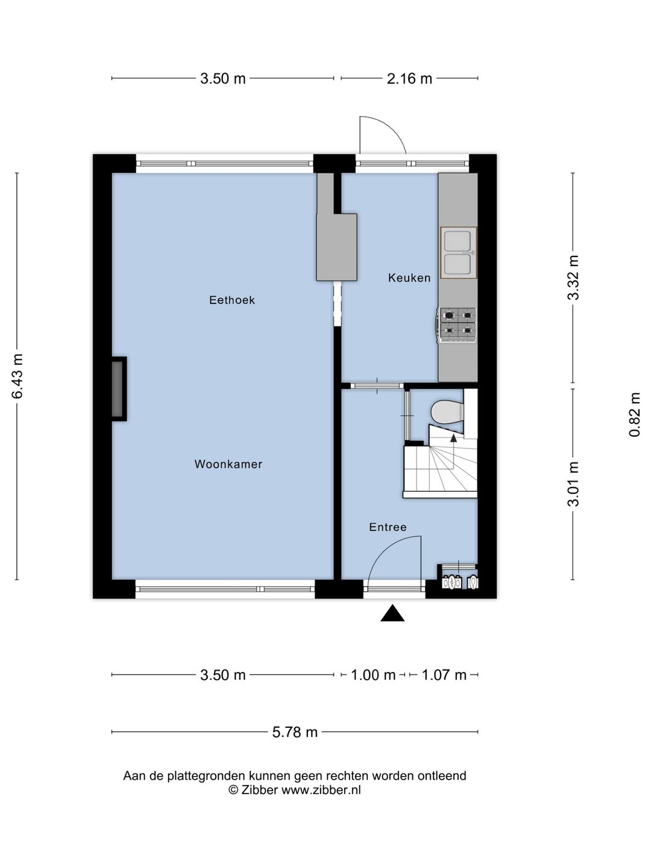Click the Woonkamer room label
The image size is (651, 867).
click(228, 464)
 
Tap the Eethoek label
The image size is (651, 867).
click(232, 300)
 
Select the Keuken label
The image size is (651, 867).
click(409, 278)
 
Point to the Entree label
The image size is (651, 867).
click(388, 527)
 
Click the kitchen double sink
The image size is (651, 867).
click(459, 253)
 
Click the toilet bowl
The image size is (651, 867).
click(447, 412)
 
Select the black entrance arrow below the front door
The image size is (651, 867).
click(392, 614)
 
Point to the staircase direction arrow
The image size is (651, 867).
click(453, 437)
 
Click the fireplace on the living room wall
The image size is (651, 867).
click(118, 389)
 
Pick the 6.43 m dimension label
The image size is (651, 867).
click(18, 376)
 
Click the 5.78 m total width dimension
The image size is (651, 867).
click(295, 732)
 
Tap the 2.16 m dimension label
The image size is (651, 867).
click(409, 79)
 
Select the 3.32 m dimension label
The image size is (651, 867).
click(573, 278)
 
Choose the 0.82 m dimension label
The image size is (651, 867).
click(634, 414)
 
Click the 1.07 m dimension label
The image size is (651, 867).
click(444, 675)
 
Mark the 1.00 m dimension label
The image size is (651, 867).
click(373, 675)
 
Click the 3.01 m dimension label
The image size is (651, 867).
click(573, 484)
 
